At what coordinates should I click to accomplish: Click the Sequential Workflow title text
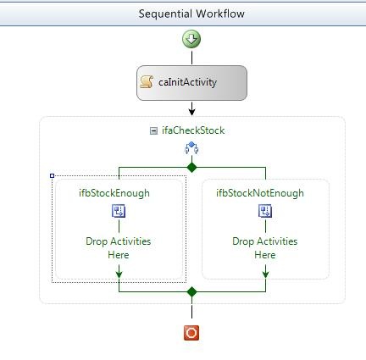[x=191, y=14]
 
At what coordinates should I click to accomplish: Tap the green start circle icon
[x=191, y=39]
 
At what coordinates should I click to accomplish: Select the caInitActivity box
[x=191, y=83]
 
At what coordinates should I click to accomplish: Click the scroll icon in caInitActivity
[x=147, y=82]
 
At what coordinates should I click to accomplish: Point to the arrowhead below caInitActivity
[x=191, y=112]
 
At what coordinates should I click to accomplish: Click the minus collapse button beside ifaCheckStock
[x=153, y=130]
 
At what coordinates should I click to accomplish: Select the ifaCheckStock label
[x=193, y=130]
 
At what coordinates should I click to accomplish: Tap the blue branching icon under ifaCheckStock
[x=191, y=148]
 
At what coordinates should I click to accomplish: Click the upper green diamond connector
[x=191, y=167]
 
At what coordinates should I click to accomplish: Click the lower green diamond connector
[x=191, y=291]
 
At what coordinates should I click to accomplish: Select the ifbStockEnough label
[x=114, y=193]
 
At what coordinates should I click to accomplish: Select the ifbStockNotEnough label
[x=260, y=193]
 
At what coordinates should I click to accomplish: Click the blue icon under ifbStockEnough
[x=119, y=211]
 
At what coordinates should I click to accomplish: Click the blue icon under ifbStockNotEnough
[x=265, y=211]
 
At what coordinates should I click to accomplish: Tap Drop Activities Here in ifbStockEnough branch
[x=119, y=248]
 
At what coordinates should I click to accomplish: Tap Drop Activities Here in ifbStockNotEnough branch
[x=265, y=248]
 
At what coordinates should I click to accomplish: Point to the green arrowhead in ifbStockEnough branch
[x=119, y=274]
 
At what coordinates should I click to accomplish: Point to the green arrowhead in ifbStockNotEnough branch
[x=265, y=274]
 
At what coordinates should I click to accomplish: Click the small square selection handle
[x=52, y=175]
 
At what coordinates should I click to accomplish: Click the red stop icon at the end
[x=191, y=333]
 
